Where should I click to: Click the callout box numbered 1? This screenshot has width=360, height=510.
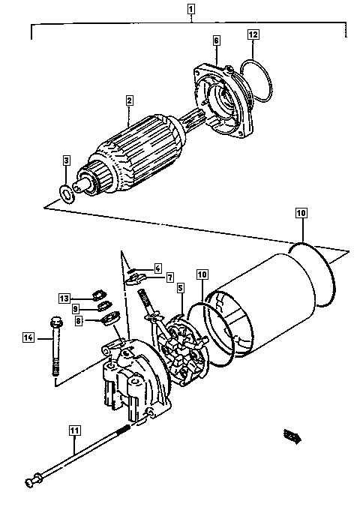click(x=191, y=9)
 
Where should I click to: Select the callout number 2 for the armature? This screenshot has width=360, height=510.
click(x=130, y=100)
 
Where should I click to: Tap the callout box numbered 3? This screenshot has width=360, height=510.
click(x=66, y=160)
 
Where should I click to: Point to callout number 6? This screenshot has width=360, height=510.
click(x=217, y=40)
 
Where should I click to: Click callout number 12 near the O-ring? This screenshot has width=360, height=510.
click(x=253, y=34)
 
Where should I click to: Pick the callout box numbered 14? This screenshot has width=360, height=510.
click(x=28, y=337)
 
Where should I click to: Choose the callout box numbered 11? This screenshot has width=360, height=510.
click(x=75, y=430)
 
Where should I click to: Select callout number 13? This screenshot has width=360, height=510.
click(x=64, y=298)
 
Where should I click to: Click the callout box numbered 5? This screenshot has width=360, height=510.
click(x=181, y=287)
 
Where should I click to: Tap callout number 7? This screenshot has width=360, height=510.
click(x=169, y=277)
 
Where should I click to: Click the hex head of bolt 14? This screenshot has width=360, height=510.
click(x=56, y=322)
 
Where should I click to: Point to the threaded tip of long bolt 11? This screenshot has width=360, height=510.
click(x=125, y=428)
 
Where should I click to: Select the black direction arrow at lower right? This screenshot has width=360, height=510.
click(x=292, y=436)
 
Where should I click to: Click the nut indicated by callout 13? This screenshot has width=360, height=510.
click(x=99, y=295)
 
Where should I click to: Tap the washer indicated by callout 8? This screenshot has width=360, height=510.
click(x=110, y=318)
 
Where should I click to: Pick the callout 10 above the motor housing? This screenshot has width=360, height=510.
click(x=301, y=213)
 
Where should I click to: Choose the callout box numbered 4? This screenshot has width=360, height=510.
click(x=157, y=268)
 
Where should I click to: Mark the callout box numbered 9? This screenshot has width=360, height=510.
click(x=76, y=308)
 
